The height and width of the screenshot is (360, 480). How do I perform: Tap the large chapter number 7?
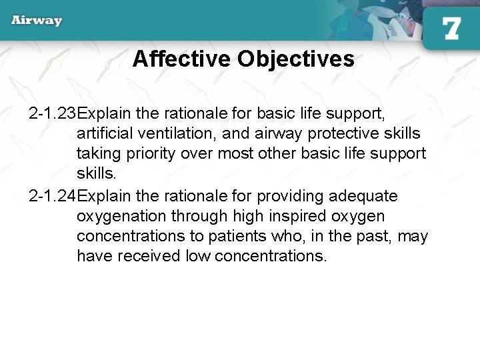coord(451,28)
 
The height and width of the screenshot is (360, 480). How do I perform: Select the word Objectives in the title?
coord(295,59)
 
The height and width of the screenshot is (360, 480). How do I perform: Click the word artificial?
coord(107,133)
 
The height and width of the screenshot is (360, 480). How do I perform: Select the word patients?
coord(249,237)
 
